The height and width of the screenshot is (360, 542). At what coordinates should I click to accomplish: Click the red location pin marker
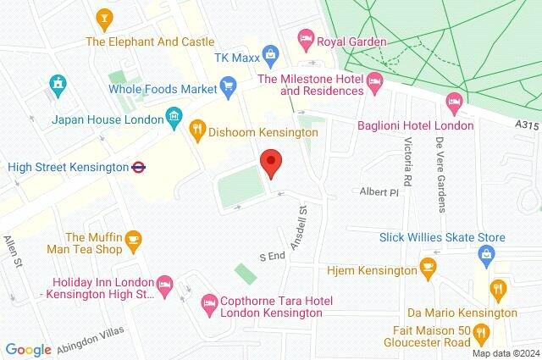271,162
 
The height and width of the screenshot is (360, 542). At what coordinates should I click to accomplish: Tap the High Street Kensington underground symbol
139,167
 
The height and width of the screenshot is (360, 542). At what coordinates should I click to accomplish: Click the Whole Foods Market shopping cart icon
227,85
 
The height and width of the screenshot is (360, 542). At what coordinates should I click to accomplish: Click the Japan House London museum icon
174,116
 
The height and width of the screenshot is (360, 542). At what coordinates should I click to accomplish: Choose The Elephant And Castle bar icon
104,17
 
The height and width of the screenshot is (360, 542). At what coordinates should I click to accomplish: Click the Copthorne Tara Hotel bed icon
208,302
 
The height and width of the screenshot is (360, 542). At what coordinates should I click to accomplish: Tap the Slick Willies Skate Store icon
487,254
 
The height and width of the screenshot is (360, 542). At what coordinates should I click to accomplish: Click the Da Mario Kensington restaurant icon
499,291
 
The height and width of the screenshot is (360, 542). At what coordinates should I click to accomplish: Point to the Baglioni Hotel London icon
453,102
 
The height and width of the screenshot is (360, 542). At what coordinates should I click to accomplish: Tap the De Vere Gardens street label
440,166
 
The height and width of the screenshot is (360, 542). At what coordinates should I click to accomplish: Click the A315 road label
525,125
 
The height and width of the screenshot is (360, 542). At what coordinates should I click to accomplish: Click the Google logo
28,349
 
